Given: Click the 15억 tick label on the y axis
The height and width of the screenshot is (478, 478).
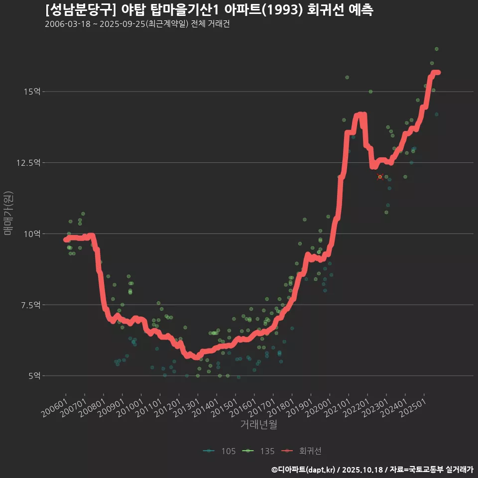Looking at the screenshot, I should [x=32, y=92].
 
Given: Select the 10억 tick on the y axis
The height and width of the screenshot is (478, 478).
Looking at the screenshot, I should [x=32, y=234].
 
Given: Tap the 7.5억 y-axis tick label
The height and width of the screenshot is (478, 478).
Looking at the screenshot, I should [x=31, y=305].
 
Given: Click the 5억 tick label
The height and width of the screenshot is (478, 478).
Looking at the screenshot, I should [x=34, y=376].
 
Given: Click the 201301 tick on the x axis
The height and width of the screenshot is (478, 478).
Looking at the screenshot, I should [x=187, y=403].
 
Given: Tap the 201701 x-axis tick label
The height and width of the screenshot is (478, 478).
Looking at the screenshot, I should [x=263, y=403].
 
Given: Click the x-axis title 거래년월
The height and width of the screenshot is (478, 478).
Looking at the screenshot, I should [x=258, y=425].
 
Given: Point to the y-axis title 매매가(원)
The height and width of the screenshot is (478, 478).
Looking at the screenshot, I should [x=8, y=214].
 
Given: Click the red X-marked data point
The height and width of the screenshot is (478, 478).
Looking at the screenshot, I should [x=380, y=177].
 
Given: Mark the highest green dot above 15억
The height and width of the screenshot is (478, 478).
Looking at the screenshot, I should [x=437, y=49].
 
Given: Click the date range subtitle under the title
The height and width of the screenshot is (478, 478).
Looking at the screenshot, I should [x=137, y=24].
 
